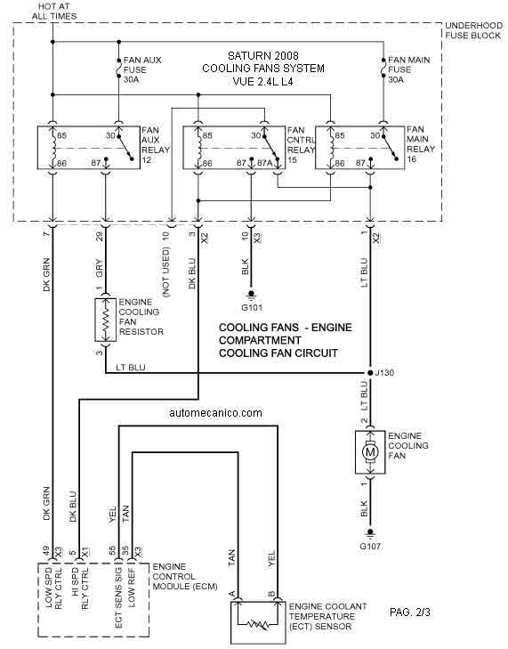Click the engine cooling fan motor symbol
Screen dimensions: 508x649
(x=370, y=451)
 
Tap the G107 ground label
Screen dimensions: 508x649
(x=370, y=546)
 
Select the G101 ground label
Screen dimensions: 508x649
(x=252, y=307)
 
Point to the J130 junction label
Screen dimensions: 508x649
(x=384, y=372)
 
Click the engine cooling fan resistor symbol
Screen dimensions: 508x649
(x=106, y=320)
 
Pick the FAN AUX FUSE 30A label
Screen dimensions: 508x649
(x=142, y=69)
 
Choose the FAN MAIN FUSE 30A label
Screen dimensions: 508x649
(x=408, y=69)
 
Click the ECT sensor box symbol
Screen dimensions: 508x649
(x=258, y=622)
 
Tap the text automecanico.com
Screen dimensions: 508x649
(x=215, y=413)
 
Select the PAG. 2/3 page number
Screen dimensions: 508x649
(x=410, y=612)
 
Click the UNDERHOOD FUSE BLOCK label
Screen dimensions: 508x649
(x=473, y=30)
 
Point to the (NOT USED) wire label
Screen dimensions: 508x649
(x=166, y=272)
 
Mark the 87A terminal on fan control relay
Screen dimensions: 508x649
(x=265, y=163)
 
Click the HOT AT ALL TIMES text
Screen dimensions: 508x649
(x=54, y=12)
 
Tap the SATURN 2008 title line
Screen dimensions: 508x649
(x=263, y=55)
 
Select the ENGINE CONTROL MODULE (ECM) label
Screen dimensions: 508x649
(x=185, y=577)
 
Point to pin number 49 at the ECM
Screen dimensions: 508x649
(x=46, y=551)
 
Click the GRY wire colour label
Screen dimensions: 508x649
(x=99, y=269)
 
